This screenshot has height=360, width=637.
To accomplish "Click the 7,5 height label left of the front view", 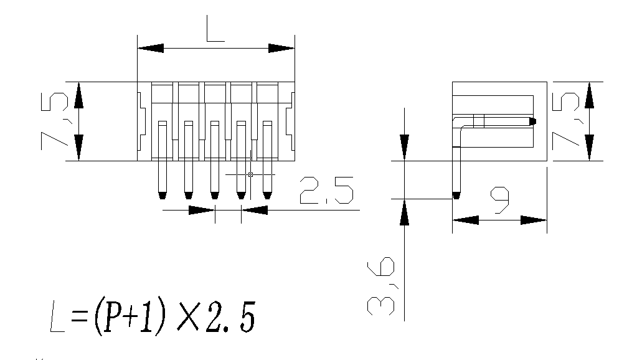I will (55, 121).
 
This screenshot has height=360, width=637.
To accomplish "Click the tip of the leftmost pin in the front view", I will (162, 195).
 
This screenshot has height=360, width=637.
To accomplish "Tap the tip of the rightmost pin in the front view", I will (268, 195).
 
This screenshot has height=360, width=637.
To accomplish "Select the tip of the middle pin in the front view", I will (215, 195).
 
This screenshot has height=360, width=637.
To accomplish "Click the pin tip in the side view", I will (456, 196).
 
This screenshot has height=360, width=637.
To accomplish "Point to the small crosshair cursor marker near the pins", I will (250, 174).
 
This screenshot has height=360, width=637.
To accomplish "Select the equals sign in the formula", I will (78, 319).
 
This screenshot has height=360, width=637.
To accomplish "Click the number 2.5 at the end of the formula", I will (230, 318).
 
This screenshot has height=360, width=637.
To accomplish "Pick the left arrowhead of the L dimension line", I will (150, 49).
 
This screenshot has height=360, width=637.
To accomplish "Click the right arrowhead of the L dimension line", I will (281, 49).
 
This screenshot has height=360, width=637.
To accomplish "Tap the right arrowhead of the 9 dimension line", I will (534, 220).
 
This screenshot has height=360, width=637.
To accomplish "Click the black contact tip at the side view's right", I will (533, 121).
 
